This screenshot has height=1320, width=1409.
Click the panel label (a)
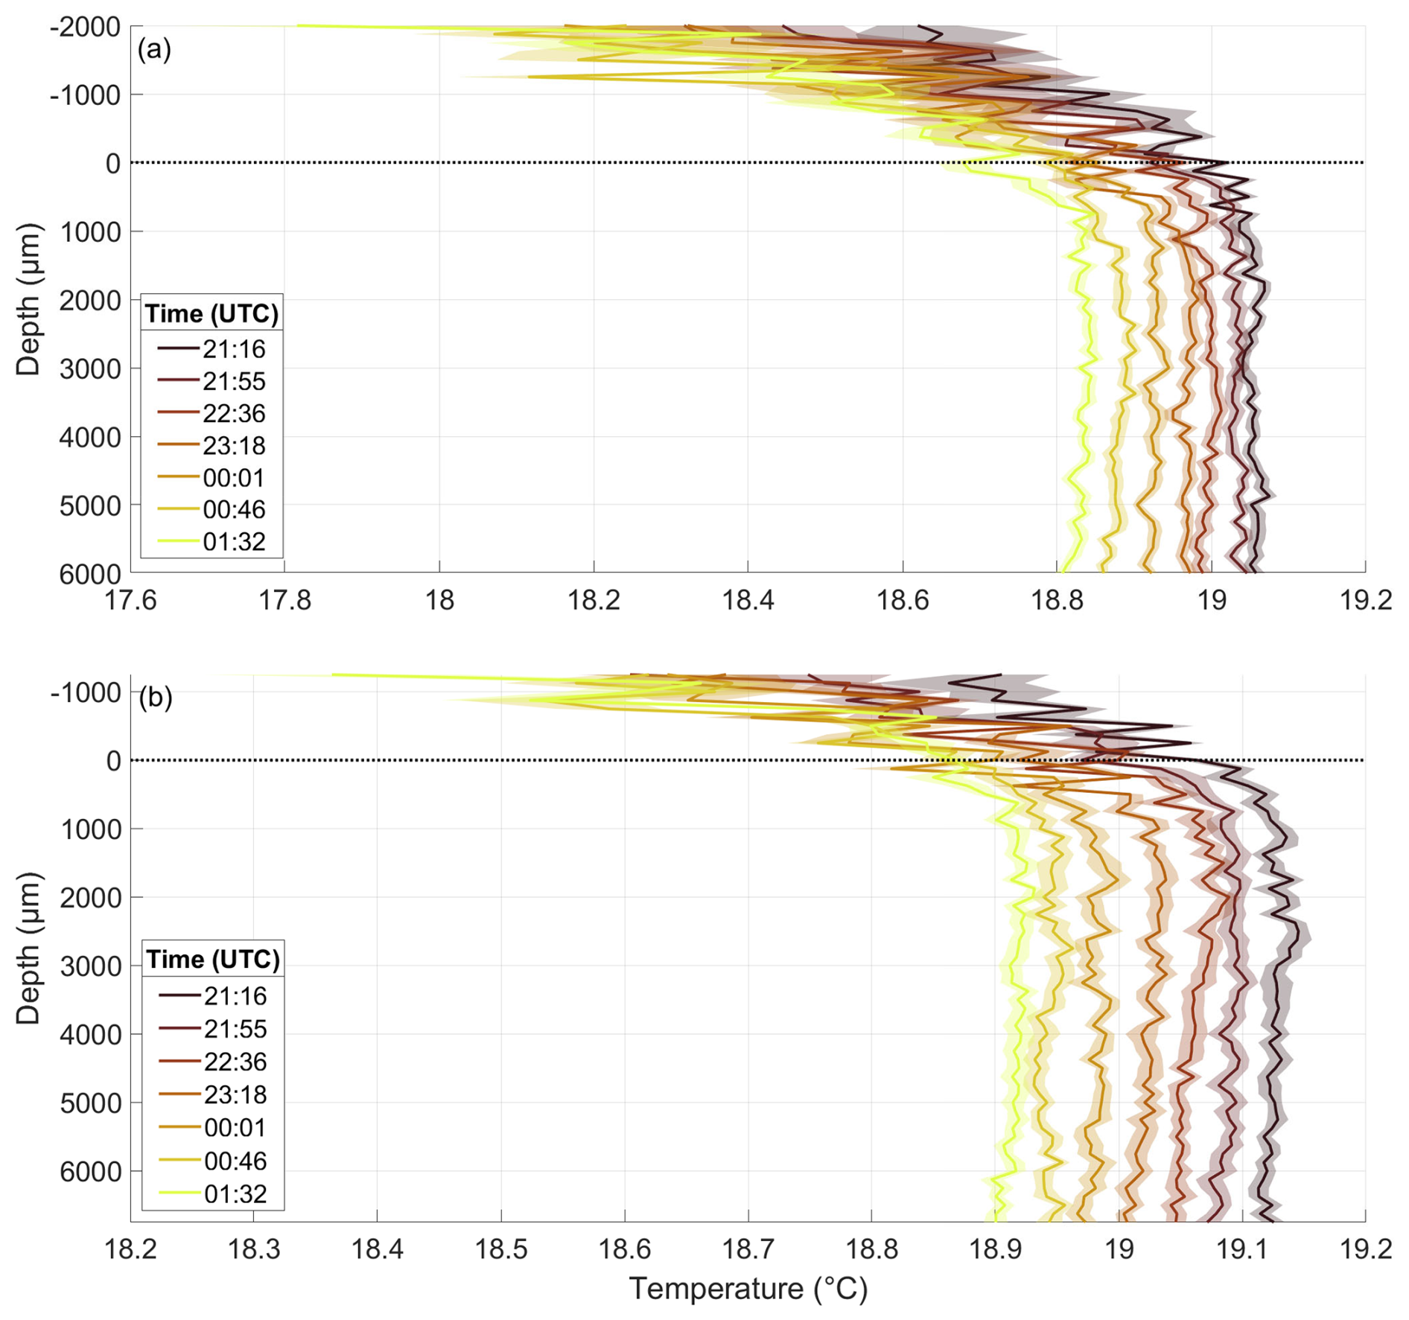(x=154, y=50)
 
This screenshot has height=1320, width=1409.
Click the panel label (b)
(x=155, y=698)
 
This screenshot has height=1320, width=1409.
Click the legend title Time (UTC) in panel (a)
(x=211, y=313)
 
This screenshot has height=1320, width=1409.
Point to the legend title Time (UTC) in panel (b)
(x=213, y=959)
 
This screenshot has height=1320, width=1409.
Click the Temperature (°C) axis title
(x=748, y=1289)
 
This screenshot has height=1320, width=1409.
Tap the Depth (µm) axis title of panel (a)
(x=28, y=299)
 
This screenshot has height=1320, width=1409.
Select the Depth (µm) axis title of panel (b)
(x=28, y=948)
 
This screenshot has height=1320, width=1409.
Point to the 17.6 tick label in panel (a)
(x=130, y=599)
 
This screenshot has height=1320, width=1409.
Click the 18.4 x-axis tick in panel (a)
(x=748, y=599)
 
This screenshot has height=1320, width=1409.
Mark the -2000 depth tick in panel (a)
(x=85, y=28)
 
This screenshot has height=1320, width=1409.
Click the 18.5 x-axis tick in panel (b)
(x=500, y=1249)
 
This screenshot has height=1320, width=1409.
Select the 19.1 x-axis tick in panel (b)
(x=1241, y=1249)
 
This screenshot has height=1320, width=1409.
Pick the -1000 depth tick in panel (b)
(x=85, y=693)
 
